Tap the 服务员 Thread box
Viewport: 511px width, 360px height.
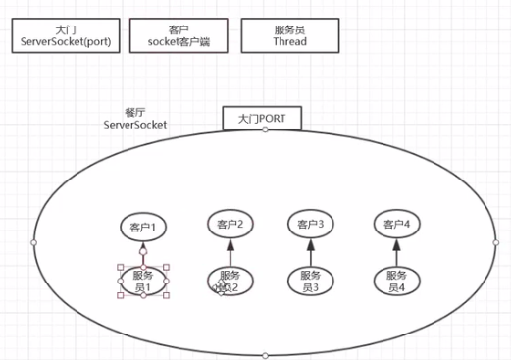[289, 37]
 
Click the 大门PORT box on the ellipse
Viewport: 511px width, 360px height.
[261, 118]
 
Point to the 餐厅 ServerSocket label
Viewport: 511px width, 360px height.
[135, 119]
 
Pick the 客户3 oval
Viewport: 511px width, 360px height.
[312, 224]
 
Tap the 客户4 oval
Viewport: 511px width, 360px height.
[396, 224]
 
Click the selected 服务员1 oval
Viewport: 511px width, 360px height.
[143, 282]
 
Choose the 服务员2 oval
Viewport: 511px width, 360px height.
[230, 282]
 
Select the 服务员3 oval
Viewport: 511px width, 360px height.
[312, 282]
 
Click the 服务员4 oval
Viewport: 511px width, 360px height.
[396, 282]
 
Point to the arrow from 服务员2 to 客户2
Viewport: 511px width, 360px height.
[231, 252]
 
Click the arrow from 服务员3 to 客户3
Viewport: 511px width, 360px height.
[312, 252]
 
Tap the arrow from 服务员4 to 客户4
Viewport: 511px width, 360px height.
[396, 252]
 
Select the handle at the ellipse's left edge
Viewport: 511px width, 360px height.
[33, 241]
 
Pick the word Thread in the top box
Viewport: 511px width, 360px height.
[289, 42]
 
